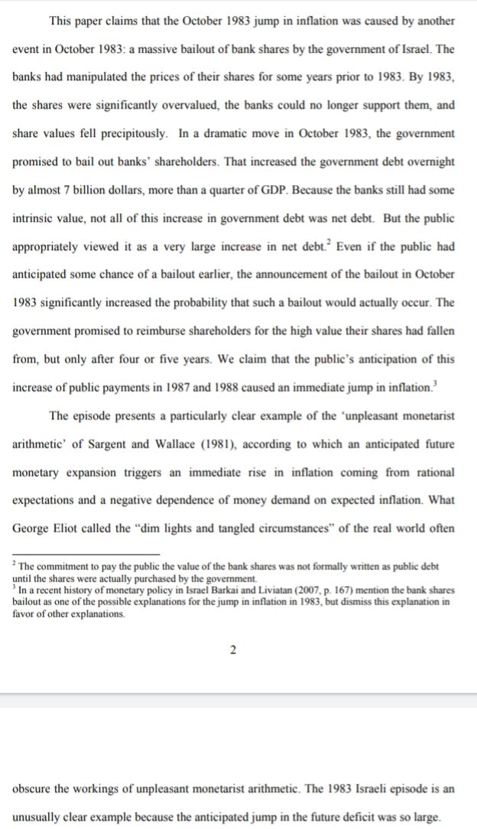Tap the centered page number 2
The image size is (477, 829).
(233, 651)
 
